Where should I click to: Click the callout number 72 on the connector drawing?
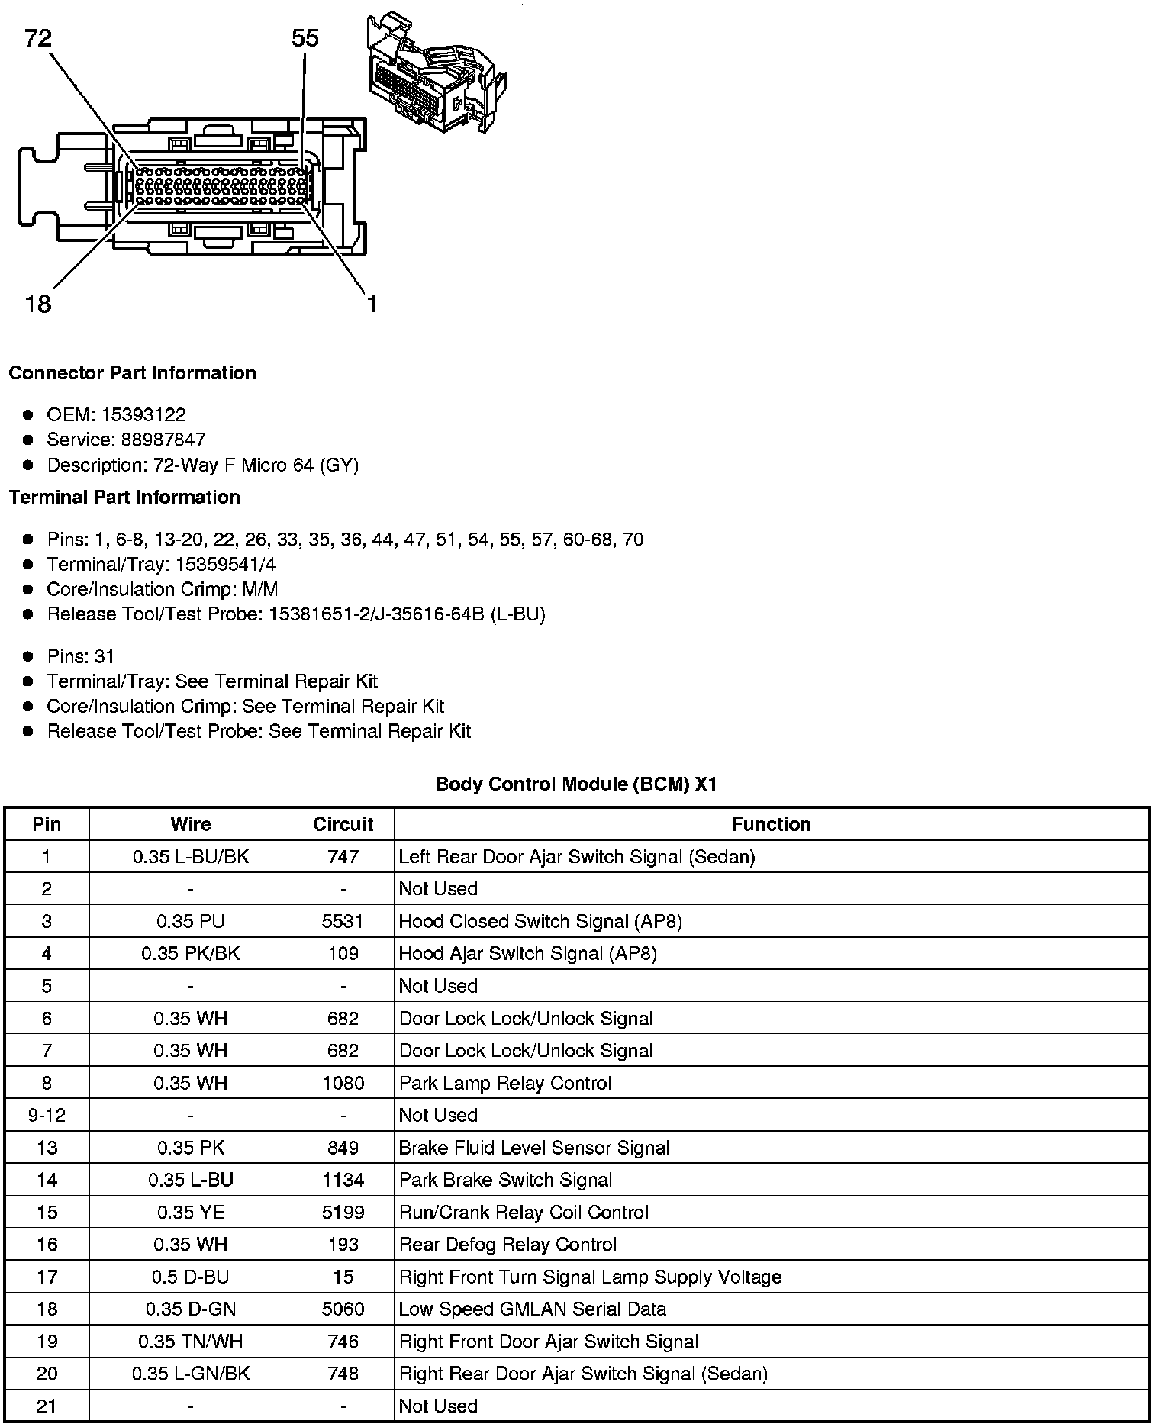(38, 37)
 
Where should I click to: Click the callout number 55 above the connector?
(305, 38)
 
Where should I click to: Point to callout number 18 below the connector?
(38, 304)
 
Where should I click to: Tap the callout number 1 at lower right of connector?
(372, 304)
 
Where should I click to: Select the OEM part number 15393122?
(143, 414)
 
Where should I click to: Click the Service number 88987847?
(163, 440)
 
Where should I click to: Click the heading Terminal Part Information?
(124, 498)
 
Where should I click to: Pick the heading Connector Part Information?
(132, 373)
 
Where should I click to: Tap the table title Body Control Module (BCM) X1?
(576, 784)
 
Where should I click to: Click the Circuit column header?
(343, 824)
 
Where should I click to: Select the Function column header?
(771, 824)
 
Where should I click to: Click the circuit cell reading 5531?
(343, 921)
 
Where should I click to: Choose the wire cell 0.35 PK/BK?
(191, 953)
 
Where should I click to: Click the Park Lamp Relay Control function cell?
(505, 1083)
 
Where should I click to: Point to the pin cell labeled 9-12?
(47, 1115)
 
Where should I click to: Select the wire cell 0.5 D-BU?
(191, 1277)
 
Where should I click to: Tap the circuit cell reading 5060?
(343, 1309)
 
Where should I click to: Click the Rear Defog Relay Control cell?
(507, 1245)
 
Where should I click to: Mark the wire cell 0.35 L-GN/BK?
(191, 1374)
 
